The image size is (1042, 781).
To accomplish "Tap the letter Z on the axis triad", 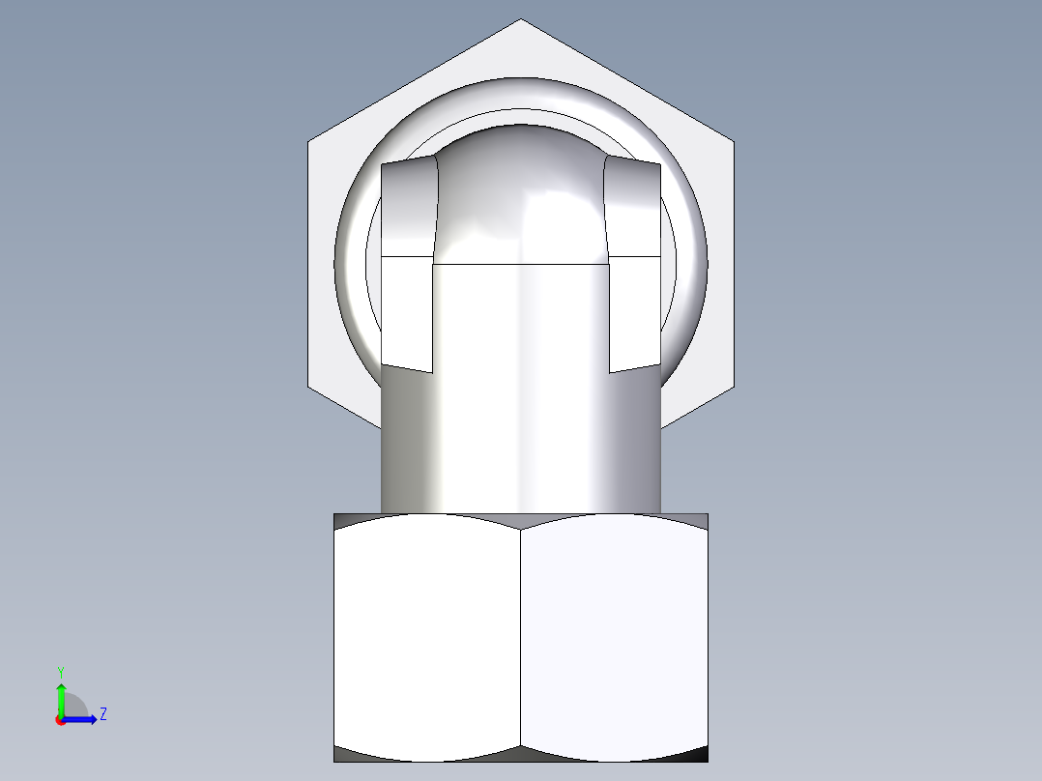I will (x=102, y=714).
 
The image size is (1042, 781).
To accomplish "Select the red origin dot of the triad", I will (x=60, y=720).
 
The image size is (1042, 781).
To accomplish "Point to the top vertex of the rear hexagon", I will (x=521, y=19).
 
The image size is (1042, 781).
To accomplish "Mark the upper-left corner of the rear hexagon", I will (x=308, y=143).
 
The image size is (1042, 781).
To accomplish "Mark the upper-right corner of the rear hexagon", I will (x=734, y=143).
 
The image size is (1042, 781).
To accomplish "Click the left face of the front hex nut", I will (x=427, y=638).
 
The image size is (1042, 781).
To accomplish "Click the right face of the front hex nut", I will (x=615, y=638).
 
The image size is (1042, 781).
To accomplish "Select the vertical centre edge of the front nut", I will (x=521, y=638).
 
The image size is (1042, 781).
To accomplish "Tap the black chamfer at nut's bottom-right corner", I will (x=698, y=755).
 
